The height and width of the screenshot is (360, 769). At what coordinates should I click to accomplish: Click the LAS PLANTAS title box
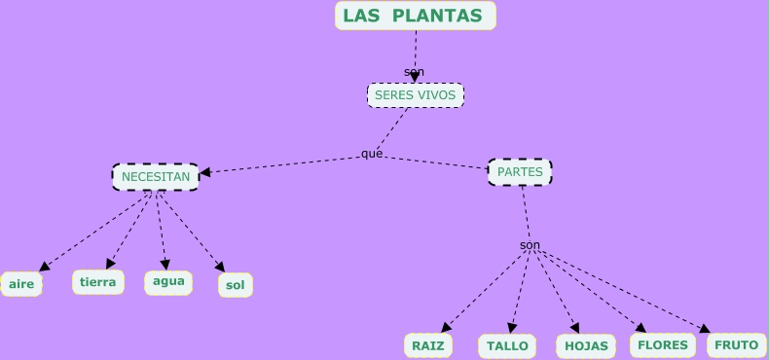pyautogui.click(x=416, y=16)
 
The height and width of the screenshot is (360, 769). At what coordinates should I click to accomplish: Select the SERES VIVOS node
pyautogui.click(x=416, y=95)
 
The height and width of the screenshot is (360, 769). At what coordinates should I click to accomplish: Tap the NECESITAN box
pyautogui.click(x=156, y=177)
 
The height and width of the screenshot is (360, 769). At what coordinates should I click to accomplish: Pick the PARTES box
pyautogui.click(x=520, y=172)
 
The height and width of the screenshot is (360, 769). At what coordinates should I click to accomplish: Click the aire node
pyautogui.click(x=21, y=284)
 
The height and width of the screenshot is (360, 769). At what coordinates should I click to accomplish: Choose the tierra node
pyautogui.click(x=97, y=282)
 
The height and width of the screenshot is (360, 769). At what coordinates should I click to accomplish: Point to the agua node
pyautogui.click(x=168, y=282)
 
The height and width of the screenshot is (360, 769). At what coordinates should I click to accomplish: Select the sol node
pyautogui.click(x=235, y=285)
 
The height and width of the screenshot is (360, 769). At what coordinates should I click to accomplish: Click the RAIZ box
pyautogui.click(x=427, y=345)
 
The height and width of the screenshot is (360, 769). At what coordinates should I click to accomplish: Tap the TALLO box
pyautogui.click(x=507, y=345)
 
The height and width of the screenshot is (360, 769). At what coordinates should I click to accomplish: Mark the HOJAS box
pyautogui.click(x=586, y=345)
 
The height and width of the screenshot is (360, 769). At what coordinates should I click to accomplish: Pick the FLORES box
pyautogui.click(x=663, y=344)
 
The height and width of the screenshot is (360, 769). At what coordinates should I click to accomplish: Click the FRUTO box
pyautogui.click(x=736, y=344)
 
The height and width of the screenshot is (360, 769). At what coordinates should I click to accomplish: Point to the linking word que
pyautogui.click(x=372, y=154)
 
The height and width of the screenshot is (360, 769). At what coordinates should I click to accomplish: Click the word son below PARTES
pyautogui.click(x=530, y=245)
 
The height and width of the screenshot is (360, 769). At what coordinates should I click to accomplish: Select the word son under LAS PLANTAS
pyautogui.click(x=415, y=72)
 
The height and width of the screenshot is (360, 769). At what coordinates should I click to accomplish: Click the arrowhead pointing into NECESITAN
pyautogui.click(x=205, y=173)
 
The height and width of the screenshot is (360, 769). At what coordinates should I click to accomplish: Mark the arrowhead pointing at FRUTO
pyautogui.click(x=705, y=329)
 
